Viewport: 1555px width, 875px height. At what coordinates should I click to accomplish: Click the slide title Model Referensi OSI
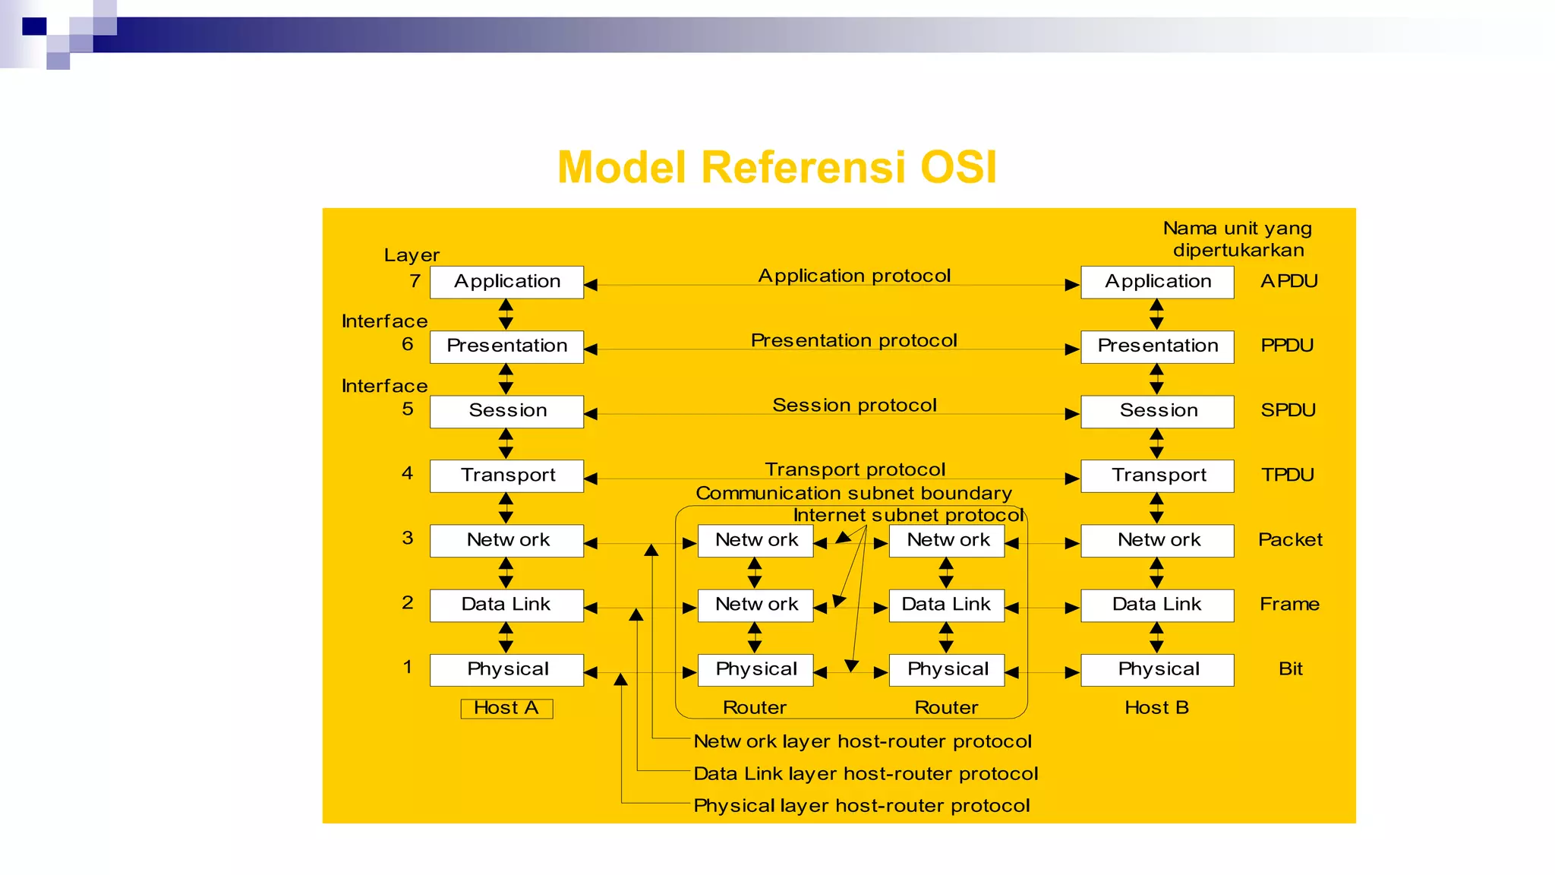tap(777, 167)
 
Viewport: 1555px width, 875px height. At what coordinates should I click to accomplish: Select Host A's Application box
tap(506, 282)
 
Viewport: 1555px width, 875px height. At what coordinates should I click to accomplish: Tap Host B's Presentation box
tap(1157, 346)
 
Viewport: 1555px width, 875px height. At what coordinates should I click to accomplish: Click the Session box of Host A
tap(506, 411)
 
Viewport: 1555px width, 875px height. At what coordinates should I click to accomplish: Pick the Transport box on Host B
tap(1157, 475)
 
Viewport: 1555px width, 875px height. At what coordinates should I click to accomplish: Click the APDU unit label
tap(1288, 281)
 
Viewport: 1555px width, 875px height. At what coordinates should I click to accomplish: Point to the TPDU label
tap(1287, 475)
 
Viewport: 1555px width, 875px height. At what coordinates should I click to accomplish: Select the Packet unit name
tap(1289, 539)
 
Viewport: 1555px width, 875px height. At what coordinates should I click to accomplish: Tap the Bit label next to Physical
tap(1290, 668)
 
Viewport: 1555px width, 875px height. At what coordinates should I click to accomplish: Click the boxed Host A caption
tap(506, 708)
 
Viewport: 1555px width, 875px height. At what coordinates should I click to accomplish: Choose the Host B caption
tap(1156, 708)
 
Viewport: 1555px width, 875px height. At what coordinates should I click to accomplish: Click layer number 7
tap(415, 281)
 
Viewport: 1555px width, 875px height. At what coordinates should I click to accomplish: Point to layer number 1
tap(408, 667)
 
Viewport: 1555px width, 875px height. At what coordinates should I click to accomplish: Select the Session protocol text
tap(854, 405)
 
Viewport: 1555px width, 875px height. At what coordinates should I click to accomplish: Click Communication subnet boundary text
tap(853, 493)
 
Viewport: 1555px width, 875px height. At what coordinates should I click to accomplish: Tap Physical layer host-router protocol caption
tap(861, 805)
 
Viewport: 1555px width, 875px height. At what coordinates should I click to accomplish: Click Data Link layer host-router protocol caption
tap(865, 773)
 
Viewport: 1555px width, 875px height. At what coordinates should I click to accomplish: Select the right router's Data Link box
tap(946, 605)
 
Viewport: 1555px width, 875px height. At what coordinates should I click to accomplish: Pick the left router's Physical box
tap(755, 669)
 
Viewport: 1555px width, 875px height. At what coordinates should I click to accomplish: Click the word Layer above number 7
tap(412, 255)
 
